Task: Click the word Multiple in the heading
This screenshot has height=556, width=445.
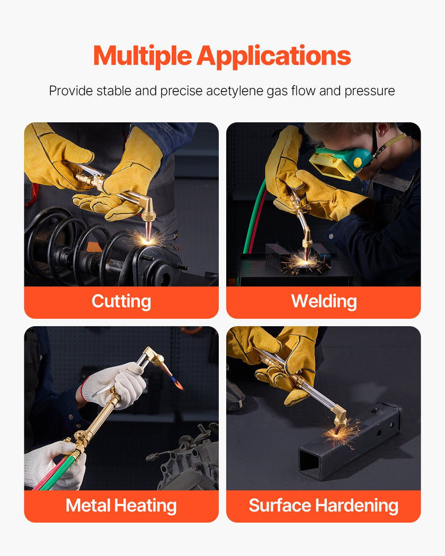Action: (143, 57)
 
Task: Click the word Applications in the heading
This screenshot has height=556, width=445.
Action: (274, 57)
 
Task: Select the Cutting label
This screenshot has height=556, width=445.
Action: (121, 302)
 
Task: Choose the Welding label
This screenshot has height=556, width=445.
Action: (324, 301)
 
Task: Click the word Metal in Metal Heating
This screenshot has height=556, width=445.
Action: (88, 505)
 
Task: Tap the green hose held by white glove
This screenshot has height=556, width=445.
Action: (60, 472)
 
